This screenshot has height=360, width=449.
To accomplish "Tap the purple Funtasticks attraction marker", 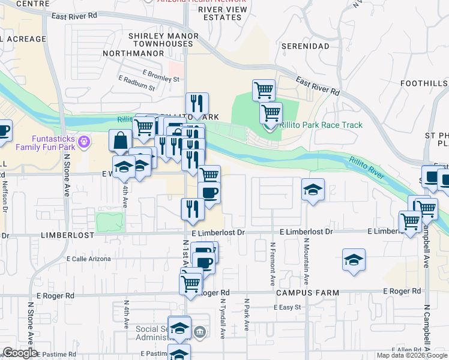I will (x=83, y=142).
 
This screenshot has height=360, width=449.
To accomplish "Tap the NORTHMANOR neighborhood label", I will (x=133, y=53).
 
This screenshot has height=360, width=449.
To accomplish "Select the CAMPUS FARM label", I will (x=307, y=293).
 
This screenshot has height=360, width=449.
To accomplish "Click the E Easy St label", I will (x=287, y=307).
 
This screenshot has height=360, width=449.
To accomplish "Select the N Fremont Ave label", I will (x=273, y=263).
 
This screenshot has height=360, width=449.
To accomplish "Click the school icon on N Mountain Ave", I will (x=313, y=190).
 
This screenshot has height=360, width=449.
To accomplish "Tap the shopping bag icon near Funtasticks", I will (x=120, y=140).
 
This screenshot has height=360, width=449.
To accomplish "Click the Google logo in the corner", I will (x=20, y=352).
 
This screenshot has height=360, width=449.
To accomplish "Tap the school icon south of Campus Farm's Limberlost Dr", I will (x=354, y=260).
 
